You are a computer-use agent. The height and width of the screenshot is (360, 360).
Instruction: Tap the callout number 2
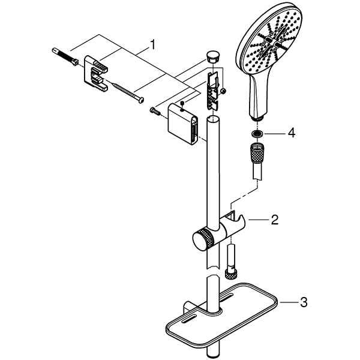[274, 220]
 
